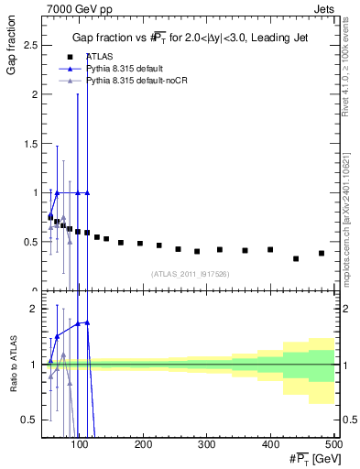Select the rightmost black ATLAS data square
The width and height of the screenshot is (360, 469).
coord(321,253)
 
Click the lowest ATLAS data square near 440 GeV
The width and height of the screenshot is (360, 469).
coord(295,258)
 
